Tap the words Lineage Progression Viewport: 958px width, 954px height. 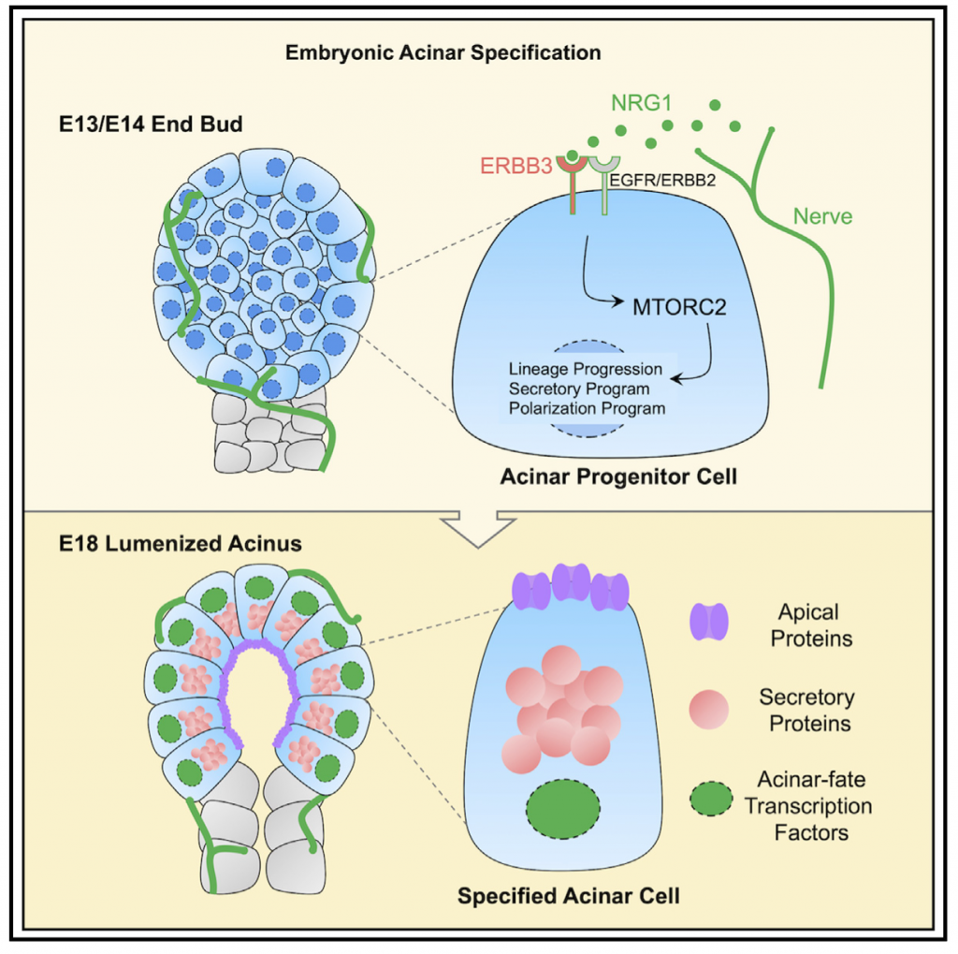587,368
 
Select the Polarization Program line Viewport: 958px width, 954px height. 587,408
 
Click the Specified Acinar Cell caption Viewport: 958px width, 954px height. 568,895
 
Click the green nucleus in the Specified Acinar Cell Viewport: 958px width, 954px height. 564,809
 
